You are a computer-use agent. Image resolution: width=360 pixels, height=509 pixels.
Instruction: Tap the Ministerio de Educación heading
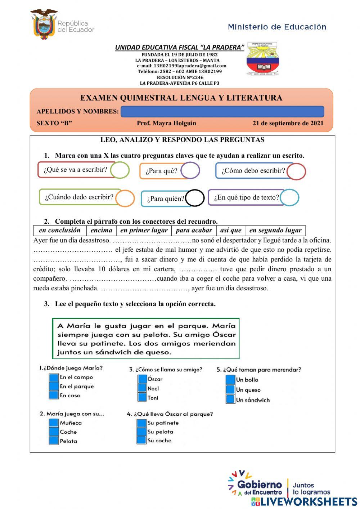click(277, 27)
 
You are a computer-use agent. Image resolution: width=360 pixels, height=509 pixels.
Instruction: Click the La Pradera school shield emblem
click(262, 59)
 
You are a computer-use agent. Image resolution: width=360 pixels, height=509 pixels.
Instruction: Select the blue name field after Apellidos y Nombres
click(222, 112)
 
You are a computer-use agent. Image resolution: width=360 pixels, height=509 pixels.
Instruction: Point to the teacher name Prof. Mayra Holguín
click(166, 123)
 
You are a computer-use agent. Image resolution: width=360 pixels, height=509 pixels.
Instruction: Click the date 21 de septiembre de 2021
click(288, 123)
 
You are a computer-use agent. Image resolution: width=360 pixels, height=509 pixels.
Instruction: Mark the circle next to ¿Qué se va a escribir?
click(120, 170)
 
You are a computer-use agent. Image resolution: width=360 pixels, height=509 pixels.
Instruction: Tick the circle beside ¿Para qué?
click(190, 170)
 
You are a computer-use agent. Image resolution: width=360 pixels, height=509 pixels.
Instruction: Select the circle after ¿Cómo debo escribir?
click(296, 171)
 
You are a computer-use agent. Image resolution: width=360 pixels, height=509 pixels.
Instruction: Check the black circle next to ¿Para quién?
click(195, 198)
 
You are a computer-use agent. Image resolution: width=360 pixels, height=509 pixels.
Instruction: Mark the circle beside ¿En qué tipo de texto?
click(289, 197)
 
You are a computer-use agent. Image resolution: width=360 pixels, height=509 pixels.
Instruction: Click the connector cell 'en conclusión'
click(60, 231)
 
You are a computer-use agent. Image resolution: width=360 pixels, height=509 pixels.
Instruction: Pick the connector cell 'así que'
click(231, 231)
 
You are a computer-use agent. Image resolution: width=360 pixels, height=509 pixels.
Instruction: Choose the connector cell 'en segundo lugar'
click(275, 231)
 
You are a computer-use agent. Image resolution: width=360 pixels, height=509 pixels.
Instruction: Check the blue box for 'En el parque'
click(54, 386)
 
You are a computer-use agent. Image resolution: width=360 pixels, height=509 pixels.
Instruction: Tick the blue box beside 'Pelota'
click(54, 441)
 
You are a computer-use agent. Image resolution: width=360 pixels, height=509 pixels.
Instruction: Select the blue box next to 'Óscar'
click(142, 379)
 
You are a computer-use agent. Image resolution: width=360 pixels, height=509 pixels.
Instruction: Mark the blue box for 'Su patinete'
click(141, 423)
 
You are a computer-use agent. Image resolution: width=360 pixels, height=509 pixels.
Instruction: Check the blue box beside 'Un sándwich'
click(230, 399)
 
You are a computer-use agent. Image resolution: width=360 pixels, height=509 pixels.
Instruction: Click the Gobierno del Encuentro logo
click(256, 484)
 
